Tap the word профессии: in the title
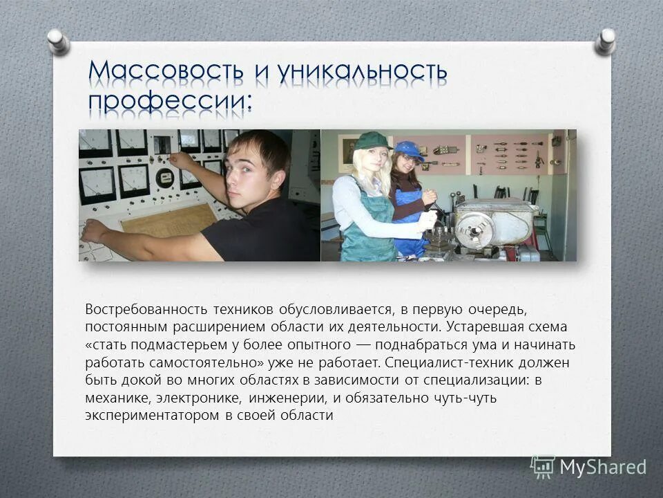170,102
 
